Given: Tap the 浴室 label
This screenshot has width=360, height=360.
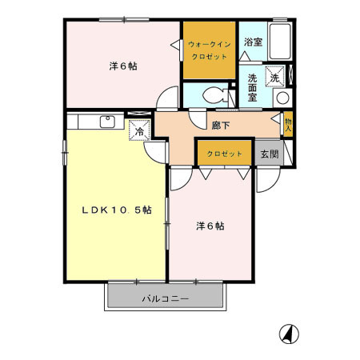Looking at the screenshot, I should (x=253, y=42).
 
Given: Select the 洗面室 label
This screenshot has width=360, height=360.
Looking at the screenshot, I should (x=252, y=88).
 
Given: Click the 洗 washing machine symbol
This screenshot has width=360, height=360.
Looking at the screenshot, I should (x=274, y=78).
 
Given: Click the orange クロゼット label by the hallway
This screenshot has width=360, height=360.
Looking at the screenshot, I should (x=225, y=153).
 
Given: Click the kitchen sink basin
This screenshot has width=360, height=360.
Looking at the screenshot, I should (x=106, y=122).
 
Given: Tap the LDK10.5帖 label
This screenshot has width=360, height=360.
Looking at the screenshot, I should (x=115, y=210).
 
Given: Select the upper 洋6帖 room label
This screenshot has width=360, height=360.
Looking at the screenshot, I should (x=122, y=66).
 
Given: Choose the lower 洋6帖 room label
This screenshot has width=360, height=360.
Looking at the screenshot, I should (x=210, y=226).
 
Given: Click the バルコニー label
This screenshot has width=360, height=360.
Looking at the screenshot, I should (x=166, y=298).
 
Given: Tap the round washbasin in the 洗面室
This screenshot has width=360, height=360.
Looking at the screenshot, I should (x=281, y=98).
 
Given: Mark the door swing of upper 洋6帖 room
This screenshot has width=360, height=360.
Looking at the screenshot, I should (x=166, y=98).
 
